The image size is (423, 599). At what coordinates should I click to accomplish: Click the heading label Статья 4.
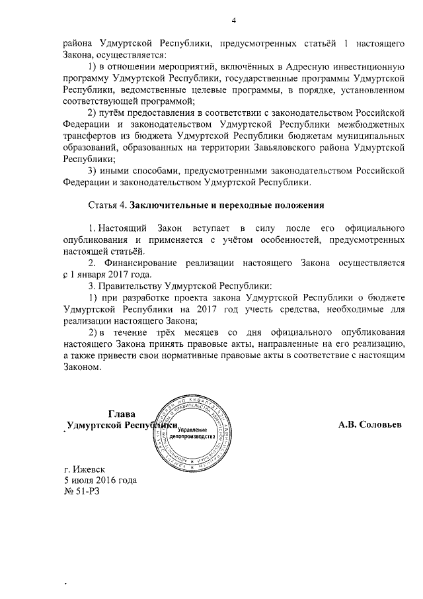(108, 203)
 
